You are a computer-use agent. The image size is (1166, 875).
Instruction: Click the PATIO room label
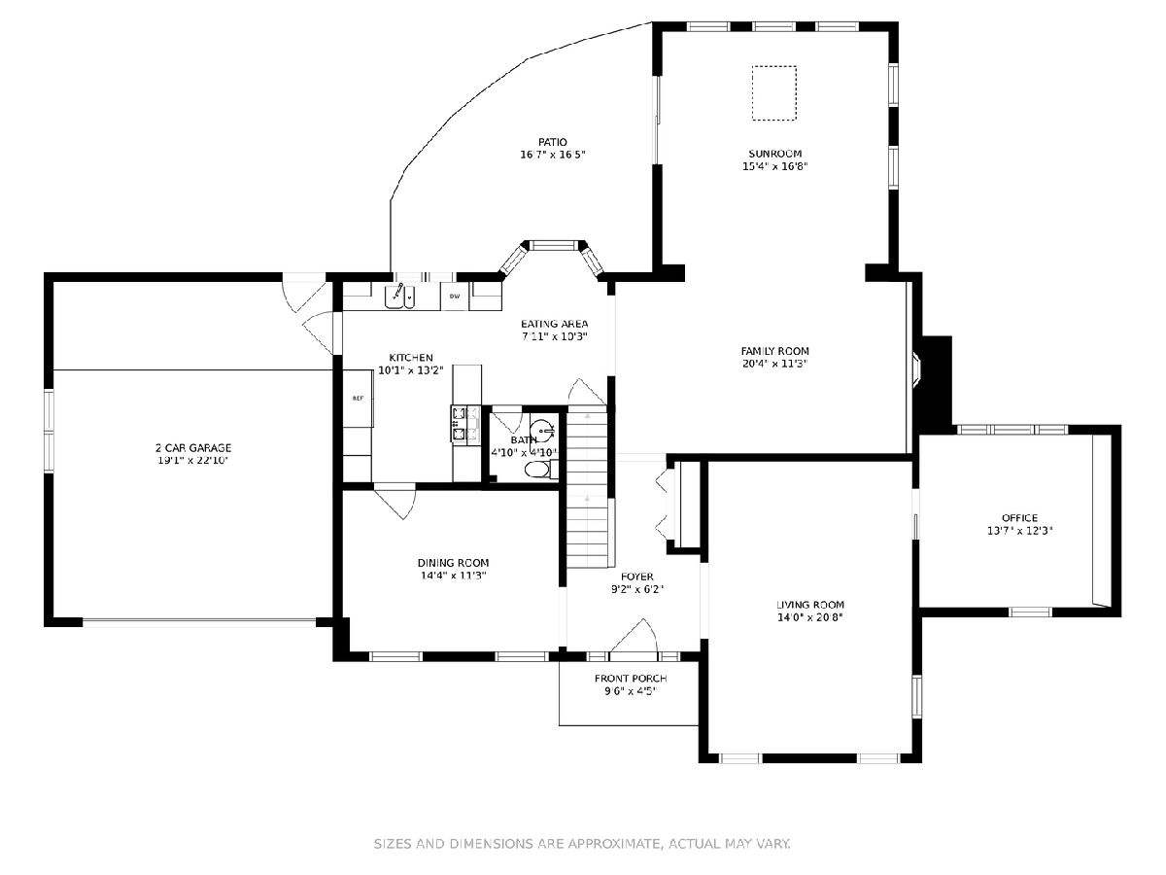click(x=553, y=142)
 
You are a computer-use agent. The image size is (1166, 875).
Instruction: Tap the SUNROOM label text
click(x=774, y=154)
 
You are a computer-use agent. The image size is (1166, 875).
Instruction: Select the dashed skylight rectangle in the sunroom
click(x=774, y=93)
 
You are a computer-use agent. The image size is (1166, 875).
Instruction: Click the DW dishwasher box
click(x=455, y=297)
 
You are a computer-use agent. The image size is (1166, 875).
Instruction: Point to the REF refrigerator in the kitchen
click(x=358, y=398)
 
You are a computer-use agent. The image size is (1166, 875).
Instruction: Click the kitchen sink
click(x=399, y=296)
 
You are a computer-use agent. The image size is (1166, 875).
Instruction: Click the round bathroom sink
click(x=542, y=429)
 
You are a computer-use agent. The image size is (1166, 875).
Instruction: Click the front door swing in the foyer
click(x=634, y=636)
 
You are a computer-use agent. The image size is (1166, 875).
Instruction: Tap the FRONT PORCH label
click(x=631, y=679)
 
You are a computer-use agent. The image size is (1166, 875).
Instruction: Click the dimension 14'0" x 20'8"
click(x=810, y=617)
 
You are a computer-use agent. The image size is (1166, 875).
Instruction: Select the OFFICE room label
click(x=1019, y=518)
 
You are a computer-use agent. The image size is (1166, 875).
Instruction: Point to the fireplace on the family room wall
click(x=917, y=367)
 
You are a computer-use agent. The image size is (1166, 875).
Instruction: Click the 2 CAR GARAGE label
click(x=193, y=448)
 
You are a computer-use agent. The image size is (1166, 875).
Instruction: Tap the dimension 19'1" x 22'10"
click(x=193, y=461)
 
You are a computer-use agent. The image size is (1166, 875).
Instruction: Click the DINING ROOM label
click(x=453, y=563)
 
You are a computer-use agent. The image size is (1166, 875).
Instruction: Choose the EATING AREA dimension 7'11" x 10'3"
click(x=554, y=336)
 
